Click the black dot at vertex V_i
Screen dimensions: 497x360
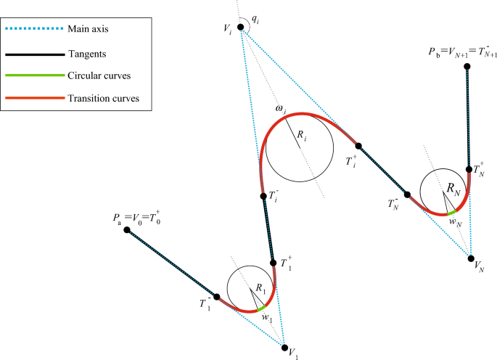pyautogui.click(x=241, y=27)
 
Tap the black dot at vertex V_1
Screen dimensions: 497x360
pyautogui.click(x=284, y=347)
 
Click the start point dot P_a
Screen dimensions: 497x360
pyautogui.click(x=127, y=230)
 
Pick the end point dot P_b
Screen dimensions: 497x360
pyautogui.click(x=467, y=67)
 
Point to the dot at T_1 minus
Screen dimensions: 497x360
pyautogui.click(x=216, y=296)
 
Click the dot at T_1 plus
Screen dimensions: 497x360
pyautogui.click(x=273, y=263)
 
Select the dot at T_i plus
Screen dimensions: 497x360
pyautogui.click(x=357, y=145)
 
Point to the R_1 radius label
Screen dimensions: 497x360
pyautogui.click(x=260, y=290)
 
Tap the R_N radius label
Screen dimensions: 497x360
pyautogui.click(x=453, y=189)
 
